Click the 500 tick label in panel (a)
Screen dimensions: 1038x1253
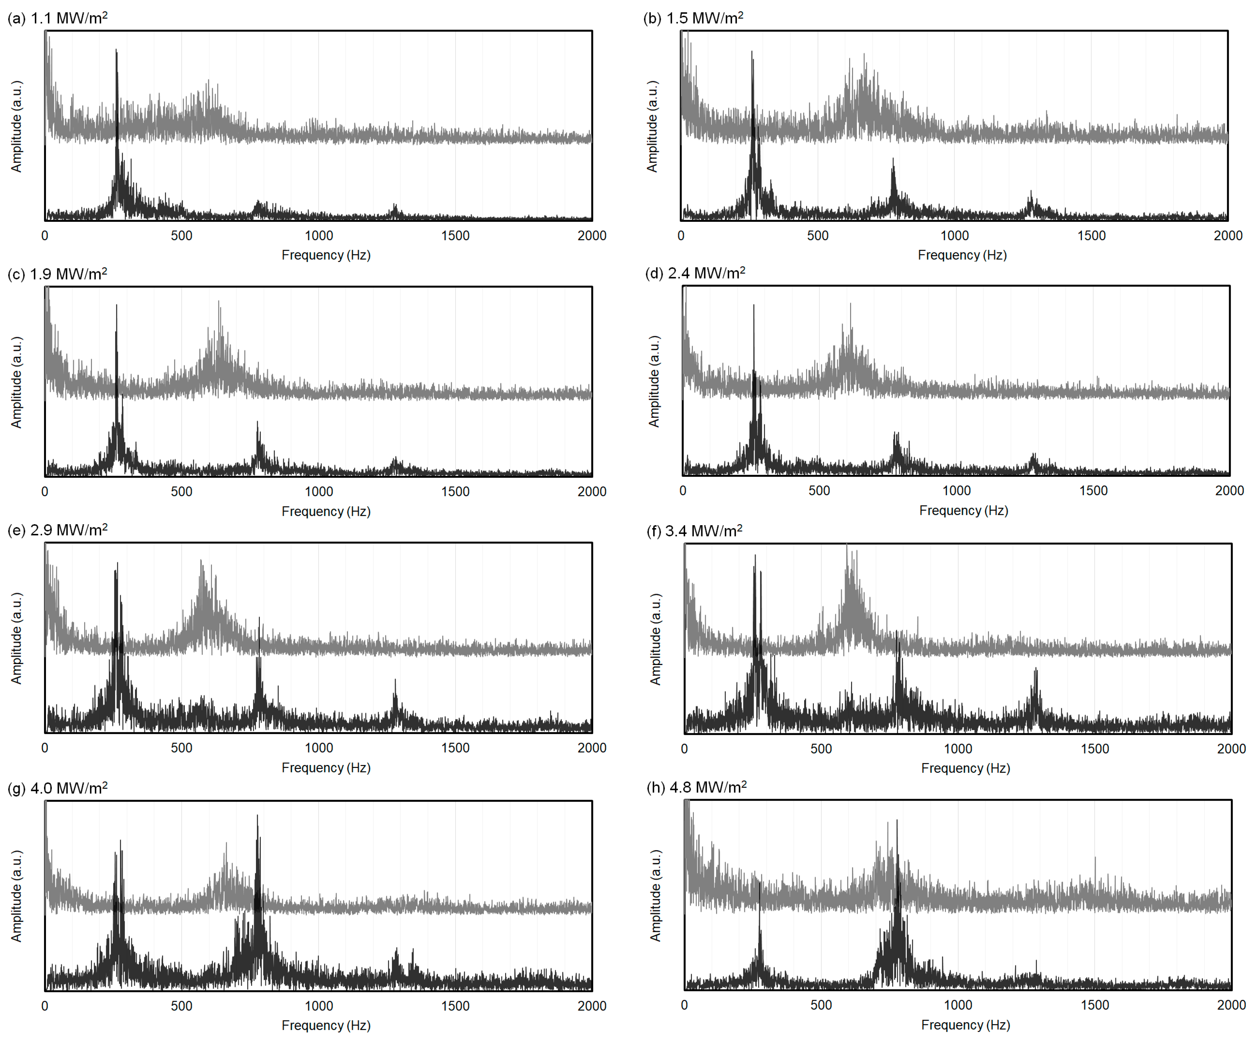click(x=182, y=236)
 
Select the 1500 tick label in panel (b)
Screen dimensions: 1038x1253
click(x=1091, y=236)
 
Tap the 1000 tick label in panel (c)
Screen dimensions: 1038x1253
click(x=319, y=492)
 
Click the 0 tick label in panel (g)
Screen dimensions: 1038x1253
click(x=45, y=1006)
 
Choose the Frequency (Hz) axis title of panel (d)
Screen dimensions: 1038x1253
click(x=964, y=511)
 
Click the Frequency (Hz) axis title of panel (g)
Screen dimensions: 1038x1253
click(x=326, y=1025)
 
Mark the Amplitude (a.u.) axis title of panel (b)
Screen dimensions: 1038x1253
click(x=652, y=127)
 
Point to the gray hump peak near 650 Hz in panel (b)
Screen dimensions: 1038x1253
click(x=864, y=55)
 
